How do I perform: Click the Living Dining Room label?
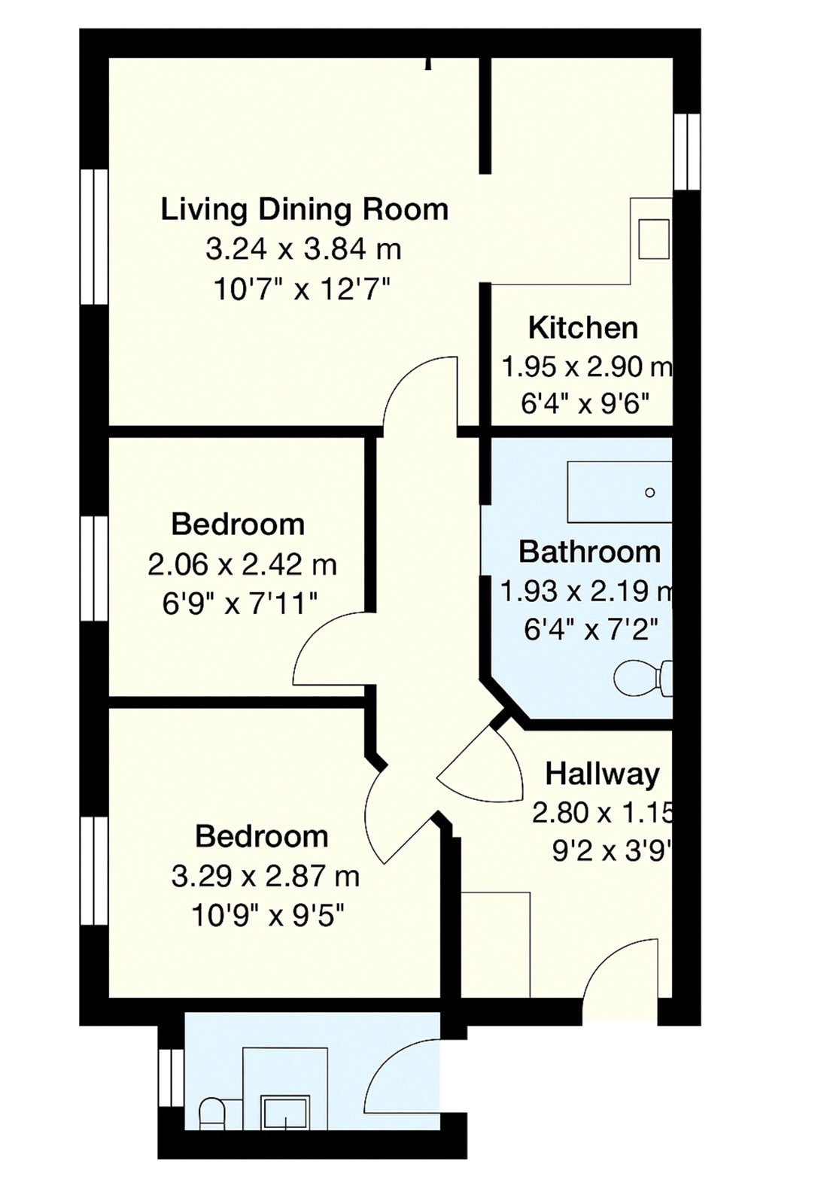coord(304,209)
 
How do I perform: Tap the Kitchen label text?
coord(583,328)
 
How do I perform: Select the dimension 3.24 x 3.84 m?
coord(303,249)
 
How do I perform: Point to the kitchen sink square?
coord(653,238)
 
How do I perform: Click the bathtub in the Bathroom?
coord(619,493)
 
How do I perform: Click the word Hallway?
coord(602,774)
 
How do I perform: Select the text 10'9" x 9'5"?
coord(269,916)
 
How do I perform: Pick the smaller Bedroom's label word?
coord(238,524)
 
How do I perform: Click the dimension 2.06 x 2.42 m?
coord(242,564)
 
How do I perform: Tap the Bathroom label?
coord(589,552)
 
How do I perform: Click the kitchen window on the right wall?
coord(686,151)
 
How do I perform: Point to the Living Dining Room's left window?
coord(95,236)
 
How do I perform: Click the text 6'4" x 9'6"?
coord(585,405)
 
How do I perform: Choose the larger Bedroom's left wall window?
coord(95,871)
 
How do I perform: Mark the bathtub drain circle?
coord(650,493)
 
